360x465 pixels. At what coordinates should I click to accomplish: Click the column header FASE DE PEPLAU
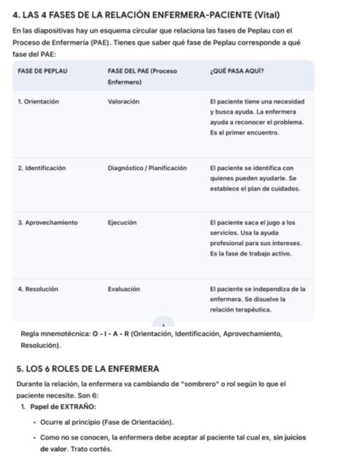click(42, 71)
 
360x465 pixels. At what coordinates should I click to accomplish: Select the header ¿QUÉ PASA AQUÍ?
click(237, 71)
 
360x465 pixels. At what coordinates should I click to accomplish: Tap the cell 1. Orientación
click(38, 101)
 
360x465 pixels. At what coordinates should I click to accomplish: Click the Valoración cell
click(123, 101)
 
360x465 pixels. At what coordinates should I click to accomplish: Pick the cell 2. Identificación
click(41, 168)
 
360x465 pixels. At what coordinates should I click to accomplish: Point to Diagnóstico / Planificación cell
click(147, 168)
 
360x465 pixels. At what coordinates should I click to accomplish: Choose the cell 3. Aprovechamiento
click(47, 223)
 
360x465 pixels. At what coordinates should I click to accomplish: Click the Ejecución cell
click(122, 223)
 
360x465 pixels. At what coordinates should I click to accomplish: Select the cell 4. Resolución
click(37, 289)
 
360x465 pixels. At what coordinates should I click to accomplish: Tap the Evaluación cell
click(123, 289)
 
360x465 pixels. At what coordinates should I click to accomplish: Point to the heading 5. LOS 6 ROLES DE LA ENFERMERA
click(87, 368)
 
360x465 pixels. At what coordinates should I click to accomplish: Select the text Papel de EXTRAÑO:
click(63, 407)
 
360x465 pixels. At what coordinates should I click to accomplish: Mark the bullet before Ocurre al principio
click(35, 423)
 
